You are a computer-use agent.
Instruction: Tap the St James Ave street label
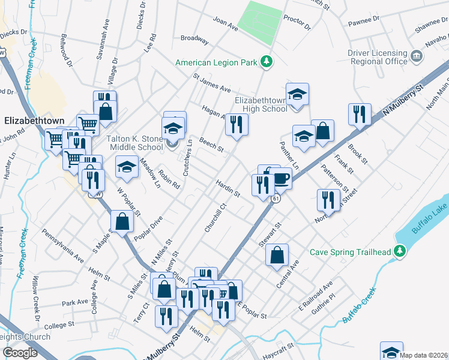[211, 83]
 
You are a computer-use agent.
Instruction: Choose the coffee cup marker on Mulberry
[280, 178]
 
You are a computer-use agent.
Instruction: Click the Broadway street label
[194, 39]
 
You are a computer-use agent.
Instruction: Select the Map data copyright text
[424, 355]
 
